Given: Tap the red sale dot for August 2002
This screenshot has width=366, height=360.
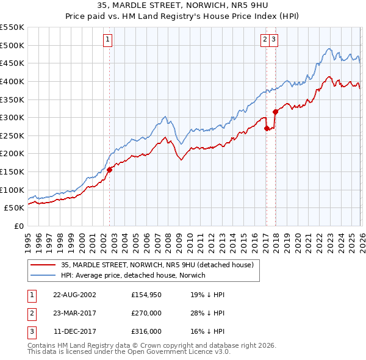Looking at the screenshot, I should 110,170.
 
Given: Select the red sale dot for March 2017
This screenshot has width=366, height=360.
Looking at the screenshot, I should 267,128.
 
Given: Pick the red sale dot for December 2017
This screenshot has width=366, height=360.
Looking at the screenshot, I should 275,112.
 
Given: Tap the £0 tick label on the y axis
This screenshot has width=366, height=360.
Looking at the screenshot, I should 18,226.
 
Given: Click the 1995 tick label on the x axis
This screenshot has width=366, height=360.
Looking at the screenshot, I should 28,242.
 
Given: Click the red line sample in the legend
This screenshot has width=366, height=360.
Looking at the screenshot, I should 44,265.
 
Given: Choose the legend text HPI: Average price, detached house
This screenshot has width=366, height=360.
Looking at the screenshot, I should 134,275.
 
